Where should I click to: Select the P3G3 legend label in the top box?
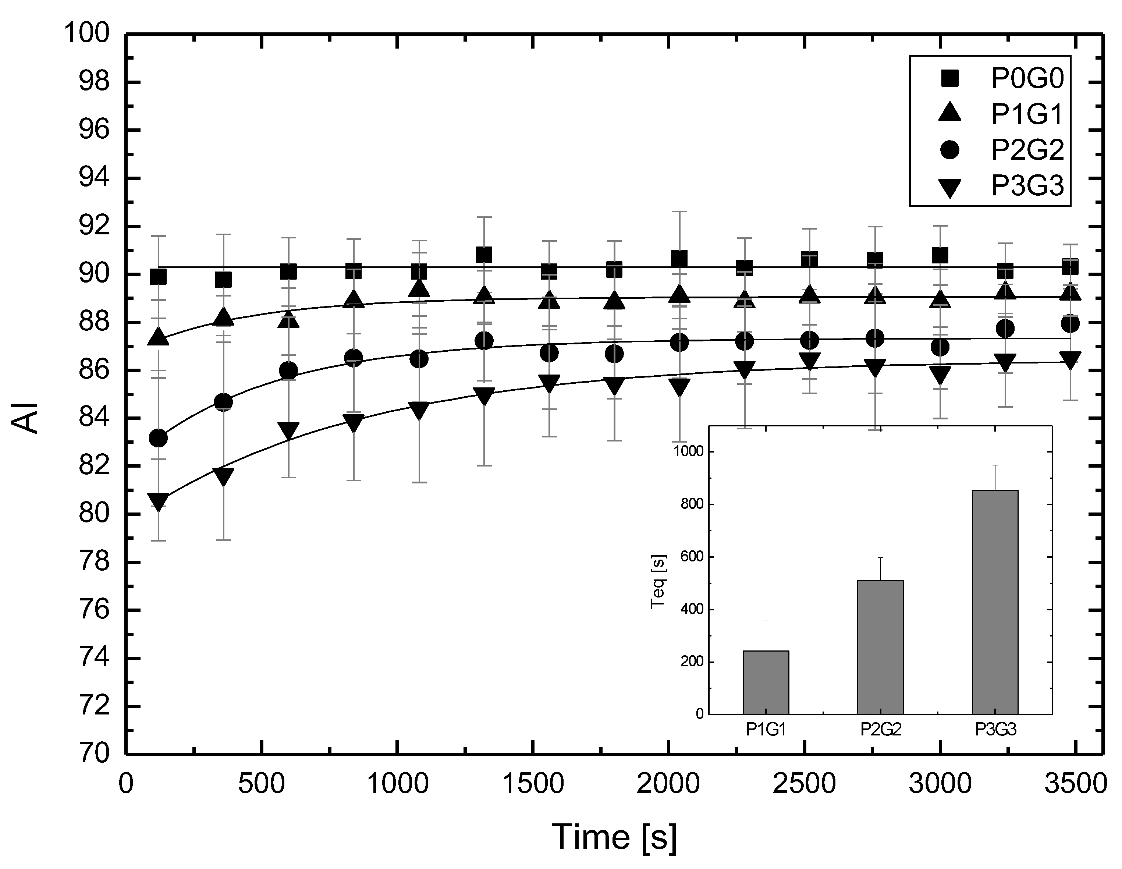click(1026, 186)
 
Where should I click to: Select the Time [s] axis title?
click(614, 837)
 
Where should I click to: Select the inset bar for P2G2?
click(881, 647)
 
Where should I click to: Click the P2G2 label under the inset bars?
click(881, 730)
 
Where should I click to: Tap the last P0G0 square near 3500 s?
click(1070, 267)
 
